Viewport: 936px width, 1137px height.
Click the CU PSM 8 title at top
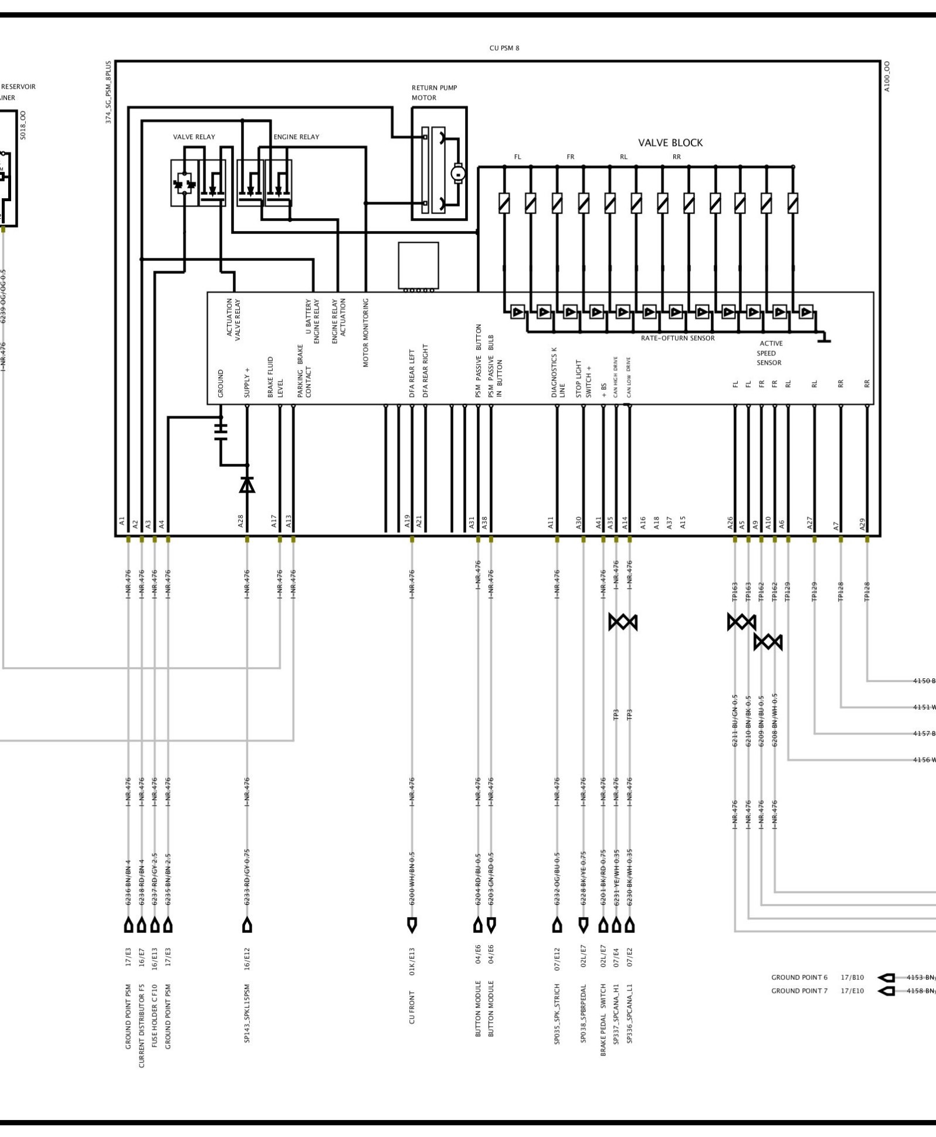click(504, 48)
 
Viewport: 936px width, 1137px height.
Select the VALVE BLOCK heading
click(670, 142)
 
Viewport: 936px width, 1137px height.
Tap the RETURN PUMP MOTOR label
click(434, 93)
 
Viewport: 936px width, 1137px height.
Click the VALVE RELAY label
click(194, 137)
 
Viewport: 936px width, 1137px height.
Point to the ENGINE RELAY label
click(296, 137)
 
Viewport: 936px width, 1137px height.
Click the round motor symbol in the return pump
click(457, 173)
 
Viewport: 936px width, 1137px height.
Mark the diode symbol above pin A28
click(247, 485)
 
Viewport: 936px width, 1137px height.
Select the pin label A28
click(240, 521)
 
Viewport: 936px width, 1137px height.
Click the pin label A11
click(551, 522)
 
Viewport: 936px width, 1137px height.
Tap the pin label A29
click(862, 524)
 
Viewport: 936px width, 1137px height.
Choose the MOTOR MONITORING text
click(366, 332)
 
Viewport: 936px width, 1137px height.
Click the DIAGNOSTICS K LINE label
click(558, 372)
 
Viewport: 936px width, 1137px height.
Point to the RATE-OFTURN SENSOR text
click(677, 338)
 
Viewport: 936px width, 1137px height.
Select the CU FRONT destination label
click(412, 1007)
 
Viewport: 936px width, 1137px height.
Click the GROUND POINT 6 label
click(799, 978)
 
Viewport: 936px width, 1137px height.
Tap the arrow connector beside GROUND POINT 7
click(886, 991)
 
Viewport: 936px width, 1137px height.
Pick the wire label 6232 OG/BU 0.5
click(557, 879)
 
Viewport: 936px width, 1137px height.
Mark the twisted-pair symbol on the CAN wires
click(623, 622)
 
